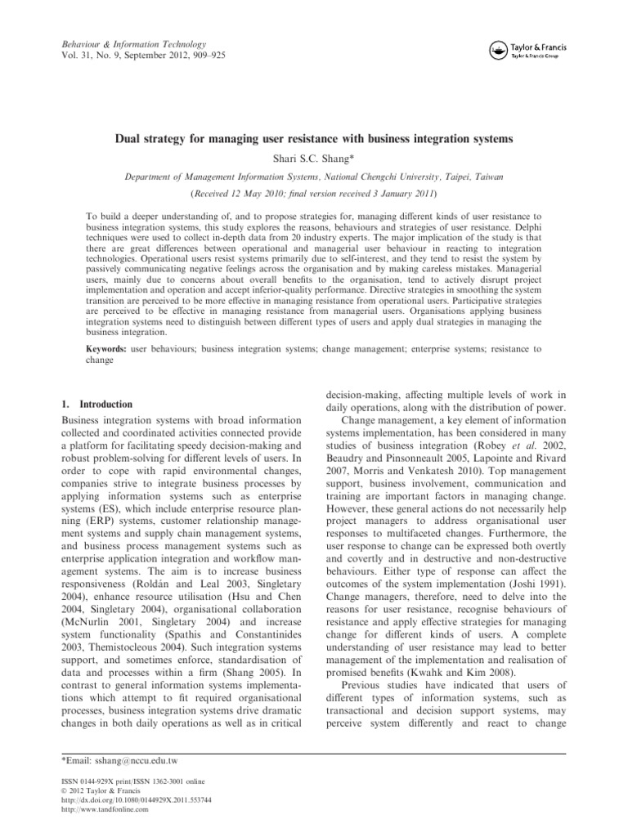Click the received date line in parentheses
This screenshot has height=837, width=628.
point(313,195)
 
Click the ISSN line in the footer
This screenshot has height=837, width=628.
point(128,782)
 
